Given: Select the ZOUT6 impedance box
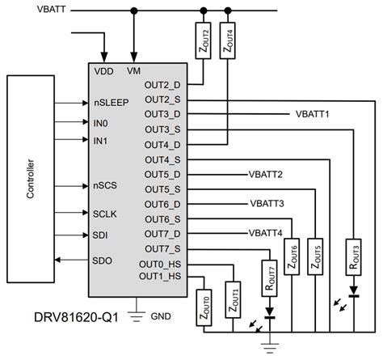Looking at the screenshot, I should [293, 257].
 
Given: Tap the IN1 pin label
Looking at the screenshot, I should [100, 141].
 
